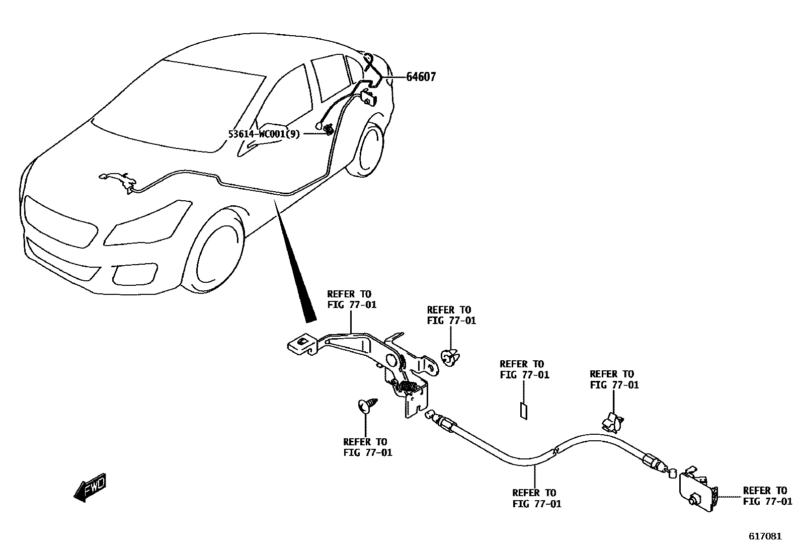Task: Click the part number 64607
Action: (421, 77)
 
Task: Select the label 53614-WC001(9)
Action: (264, 134)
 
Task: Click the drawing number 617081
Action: (765, 536)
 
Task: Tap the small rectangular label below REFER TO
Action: (523, 411)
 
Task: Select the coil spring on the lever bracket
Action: (408, 387)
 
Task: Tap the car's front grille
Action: (60, 221)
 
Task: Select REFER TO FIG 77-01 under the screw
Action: (367, 447)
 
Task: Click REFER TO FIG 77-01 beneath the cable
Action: (536, 498)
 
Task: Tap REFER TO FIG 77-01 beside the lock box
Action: (767, 496)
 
